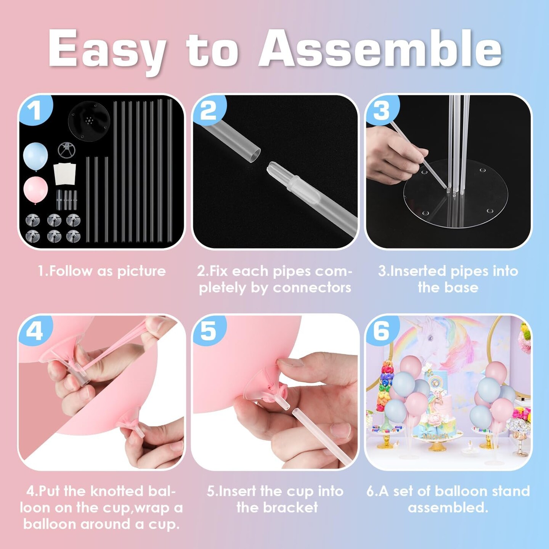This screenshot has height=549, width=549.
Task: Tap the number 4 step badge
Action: click(x=35, y=331)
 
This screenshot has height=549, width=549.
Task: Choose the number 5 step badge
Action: click(x=209, y=331)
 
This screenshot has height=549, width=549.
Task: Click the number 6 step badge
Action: click(x=382, y=331)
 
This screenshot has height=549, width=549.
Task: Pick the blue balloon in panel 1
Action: click(x=35, y=156)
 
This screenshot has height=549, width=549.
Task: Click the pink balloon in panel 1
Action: click(x=35, y=190)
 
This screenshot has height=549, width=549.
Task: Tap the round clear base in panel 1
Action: click(x=89, y=120)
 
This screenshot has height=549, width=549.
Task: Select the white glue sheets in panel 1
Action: click(x=65, y=173)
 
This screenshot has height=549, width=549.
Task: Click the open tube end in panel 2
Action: click(x=254, y=155)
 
